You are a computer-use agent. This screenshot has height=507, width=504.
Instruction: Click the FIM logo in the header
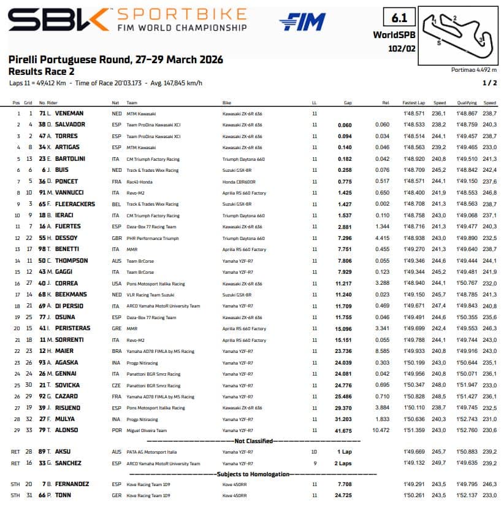[x=302, y=22]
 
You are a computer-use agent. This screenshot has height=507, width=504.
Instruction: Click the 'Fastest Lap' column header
[x=414, y=103]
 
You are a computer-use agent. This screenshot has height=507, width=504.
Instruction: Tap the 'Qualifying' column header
[x=467, y=103]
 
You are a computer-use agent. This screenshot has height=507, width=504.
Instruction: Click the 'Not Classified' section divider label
[x=251, y=441]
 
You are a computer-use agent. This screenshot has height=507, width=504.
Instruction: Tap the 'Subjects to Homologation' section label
[x=251, y=474]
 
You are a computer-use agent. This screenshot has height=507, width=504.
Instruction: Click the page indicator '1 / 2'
[x=490, y=82]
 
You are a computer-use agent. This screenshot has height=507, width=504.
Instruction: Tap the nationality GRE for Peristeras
[x=116, y=328]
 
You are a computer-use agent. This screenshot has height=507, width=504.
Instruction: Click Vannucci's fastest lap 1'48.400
[x=414, y=193]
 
